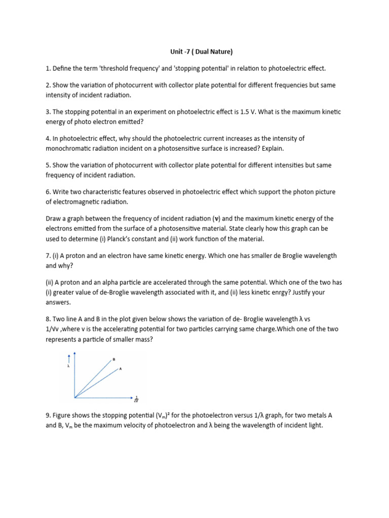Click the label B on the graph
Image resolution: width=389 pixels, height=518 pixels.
tap(114, 359)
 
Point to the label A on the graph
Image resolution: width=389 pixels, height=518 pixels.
tap(121, 369)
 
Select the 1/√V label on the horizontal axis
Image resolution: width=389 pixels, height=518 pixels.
tap(136, 400)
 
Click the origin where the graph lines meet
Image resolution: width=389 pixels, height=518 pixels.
tap(75, 397)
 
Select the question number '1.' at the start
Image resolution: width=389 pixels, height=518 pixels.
tap(48, 68)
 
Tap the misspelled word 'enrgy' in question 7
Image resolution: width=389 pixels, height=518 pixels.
tap(267, 293)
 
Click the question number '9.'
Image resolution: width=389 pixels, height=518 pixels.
tap(48, 415)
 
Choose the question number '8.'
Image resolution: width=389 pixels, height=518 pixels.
tap(48, 319)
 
